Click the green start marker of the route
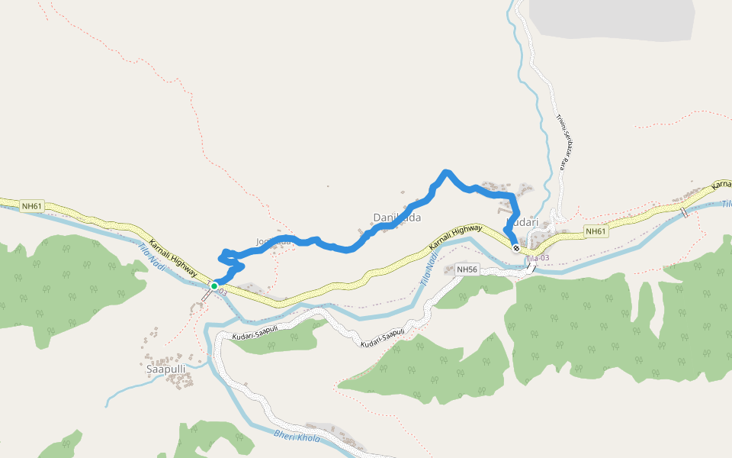(x=214, y=286)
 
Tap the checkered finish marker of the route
(x=516, y=248)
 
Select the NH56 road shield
(x=467, y=269)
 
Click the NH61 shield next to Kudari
(x=596, y=231)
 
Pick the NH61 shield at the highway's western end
(x=32, y=206)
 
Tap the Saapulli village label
(x=165, y=369)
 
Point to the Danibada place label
(x=396, y=218)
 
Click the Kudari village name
(x=523, y=222)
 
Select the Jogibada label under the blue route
(x=274, y=242)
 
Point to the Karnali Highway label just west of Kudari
(x=455, y=237)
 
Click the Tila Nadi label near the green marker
(x=152, y=256)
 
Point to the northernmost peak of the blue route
(x=446, y=172)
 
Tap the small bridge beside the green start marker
(x=207, y=295)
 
